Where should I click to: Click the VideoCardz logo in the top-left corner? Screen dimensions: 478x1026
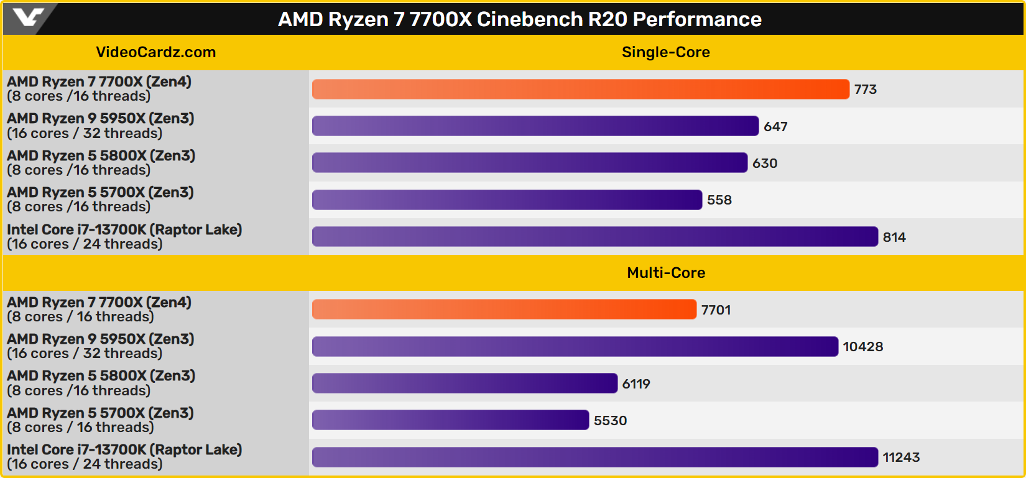pyautogui.click(x=28, y=18)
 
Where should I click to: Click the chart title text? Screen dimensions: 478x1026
pyautogui.click(x=519, y=19)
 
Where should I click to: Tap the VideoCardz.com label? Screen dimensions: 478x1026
pyautogui.click(x=155, y=52)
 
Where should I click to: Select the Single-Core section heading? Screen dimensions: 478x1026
pyautogui.click(x=665, y=52)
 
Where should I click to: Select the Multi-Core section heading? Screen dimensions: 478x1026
pyautogui.click(x=665, y=273)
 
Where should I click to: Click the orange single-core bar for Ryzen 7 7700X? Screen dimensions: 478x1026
pyautogui.click(x=580, y=90)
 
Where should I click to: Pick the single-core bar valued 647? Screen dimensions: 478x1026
pyautogui.click(x=535, y=126)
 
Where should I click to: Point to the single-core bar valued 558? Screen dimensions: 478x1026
pyautogui.click(x=507, y=200)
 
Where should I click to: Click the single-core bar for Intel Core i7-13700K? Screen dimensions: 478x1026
pyautogui.click(x=594, y=237)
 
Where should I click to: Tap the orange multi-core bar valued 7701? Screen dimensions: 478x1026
pyautogui.click(x=504, y=310)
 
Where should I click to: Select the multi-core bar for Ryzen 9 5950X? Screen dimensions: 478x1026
pyautogui.click(x=575, y=347)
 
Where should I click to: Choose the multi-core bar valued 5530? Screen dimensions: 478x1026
pyautogui.click(x=450, y=420)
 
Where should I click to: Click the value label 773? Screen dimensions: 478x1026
pyautogui.click(x=865, y=90)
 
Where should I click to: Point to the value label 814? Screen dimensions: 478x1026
pyautogui.click(x=894, y=237)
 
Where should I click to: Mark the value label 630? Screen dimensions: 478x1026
pyautogui.click(x=764, y=163)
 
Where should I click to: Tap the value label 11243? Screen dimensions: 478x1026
pyautogui.click(x=901, y=457)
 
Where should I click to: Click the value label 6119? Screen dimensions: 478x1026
pyautogui.click(x=636, y=384)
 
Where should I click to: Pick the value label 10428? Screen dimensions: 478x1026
pyautogui.click(x=862, y=347)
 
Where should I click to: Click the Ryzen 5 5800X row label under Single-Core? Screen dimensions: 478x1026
pyautogui.click(x=101, y=163)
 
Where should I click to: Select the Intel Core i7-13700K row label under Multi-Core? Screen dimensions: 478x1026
pyautogui.click(x=124, y=457)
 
